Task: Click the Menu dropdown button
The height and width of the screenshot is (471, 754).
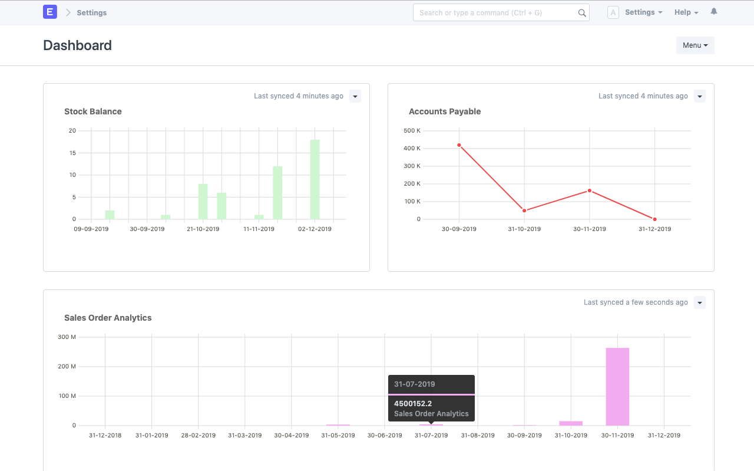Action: pyautogui.click(x=695, y=45)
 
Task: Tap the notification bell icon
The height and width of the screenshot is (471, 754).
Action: pyautogui.click(x=714, y=12)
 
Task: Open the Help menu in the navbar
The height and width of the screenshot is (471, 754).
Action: pyautogui.click(x=686, y=12)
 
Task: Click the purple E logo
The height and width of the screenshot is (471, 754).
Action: pyautogui.click(x=50, y=12)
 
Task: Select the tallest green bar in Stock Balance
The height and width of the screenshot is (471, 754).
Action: pyautogui.click(x=315, y=179)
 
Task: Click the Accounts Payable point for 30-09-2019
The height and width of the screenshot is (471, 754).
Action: pyautogui.click(x=459, y=145)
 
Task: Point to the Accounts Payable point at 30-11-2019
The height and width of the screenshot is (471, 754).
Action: pyautogui.click(x=589, y=190)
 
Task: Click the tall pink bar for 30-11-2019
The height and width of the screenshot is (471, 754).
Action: pyautogui.click(x=617, y=386)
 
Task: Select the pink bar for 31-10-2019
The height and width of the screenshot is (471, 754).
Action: pyautogui.click(x=571, y=423)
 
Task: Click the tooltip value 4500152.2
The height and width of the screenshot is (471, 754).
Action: pyautogui.click(x=413, y=404)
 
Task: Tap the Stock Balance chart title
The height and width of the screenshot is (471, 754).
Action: pyautogui.click(x=93, y=111)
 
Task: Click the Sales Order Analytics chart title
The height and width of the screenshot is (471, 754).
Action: pyautogui.click(x=108, y=318)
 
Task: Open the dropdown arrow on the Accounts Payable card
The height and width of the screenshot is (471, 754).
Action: pyautogui.click(x=699, y=96)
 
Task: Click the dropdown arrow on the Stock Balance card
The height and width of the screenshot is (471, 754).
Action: pyautogui.click(x=355, y=96)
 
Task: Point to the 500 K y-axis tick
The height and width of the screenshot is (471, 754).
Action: pyautogui.click(x=412, y=130)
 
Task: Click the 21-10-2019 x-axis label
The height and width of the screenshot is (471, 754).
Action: pyautogui.click(x=203, y=229)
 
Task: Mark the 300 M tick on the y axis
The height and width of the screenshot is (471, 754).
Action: pyautogui.click(x=67, y=337)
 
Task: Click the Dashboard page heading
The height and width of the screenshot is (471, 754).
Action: pyautogui.click(x=77, y=45)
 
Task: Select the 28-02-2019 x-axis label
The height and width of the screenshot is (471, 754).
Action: pyautogui.click(x=198, y=435)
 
